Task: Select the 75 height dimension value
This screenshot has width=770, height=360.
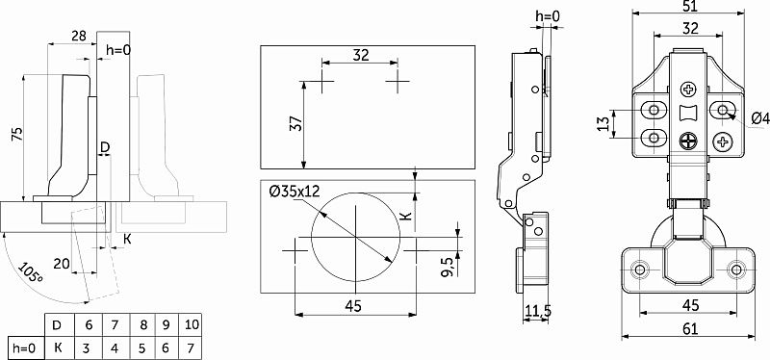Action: coord(16,135)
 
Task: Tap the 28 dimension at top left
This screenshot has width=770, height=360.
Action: coord(79,36)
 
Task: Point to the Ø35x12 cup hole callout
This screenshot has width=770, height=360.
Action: coord(295,191)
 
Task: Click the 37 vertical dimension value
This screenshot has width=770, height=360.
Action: coord(295,123)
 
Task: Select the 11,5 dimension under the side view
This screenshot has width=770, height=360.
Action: coord(538,310)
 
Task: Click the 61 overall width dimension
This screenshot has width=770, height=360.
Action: coord(690,328)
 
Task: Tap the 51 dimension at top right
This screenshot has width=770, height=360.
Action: coord(689,7)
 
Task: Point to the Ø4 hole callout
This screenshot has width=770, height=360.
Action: coord(760,118)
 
